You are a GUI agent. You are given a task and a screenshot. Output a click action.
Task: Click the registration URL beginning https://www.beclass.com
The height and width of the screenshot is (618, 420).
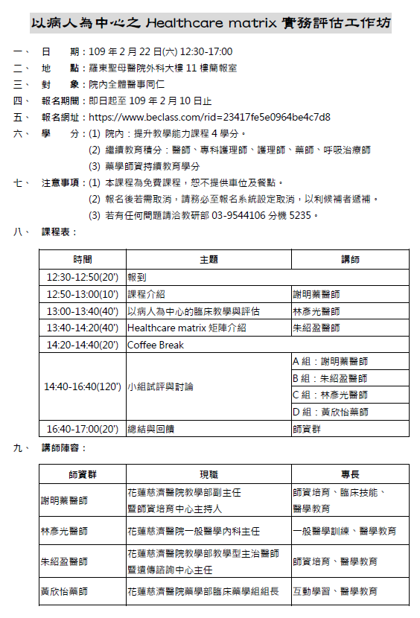(209, 117)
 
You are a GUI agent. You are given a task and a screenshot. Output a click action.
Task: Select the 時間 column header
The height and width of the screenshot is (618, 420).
(83, 259)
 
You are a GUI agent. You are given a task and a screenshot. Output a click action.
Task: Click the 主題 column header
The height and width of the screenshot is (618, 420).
(209, 259)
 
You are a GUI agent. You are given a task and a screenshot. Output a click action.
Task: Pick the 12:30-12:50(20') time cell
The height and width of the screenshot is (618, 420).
(83, 277)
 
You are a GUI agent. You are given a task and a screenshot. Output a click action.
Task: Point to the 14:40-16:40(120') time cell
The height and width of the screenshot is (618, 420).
(83, 386)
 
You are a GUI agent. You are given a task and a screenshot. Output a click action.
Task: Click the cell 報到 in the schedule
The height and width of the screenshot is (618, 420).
(137, 277)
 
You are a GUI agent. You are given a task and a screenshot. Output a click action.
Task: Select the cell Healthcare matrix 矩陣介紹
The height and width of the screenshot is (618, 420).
(187, 328)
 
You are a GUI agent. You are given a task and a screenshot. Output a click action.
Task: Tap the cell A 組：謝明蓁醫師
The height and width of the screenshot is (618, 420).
(331, 362)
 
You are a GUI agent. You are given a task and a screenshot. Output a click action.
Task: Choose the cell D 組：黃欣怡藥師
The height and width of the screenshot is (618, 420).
(331, 412)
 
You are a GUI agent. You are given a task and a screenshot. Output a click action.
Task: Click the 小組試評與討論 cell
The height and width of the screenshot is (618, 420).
(160, 386)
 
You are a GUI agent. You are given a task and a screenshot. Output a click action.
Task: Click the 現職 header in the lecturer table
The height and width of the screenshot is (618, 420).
(209, 474)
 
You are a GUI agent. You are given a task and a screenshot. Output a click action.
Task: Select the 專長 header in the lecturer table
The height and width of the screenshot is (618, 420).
(350, 474)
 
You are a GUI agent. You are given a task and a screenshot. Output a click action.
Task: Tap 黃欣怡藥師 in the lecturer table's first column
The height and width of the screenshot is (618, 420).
(64, 591)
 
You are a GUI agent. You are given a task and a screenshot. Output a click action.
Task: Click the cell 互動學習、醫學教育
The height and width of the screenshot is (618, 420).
(336, 591)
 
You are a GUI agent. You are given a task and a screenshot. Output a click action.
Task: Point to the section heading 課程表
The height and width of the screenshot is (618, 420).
(59, 232)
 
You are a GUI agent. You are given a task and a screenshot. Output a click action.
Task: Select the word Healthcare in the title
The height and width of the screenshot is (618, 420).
(180, 23)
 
